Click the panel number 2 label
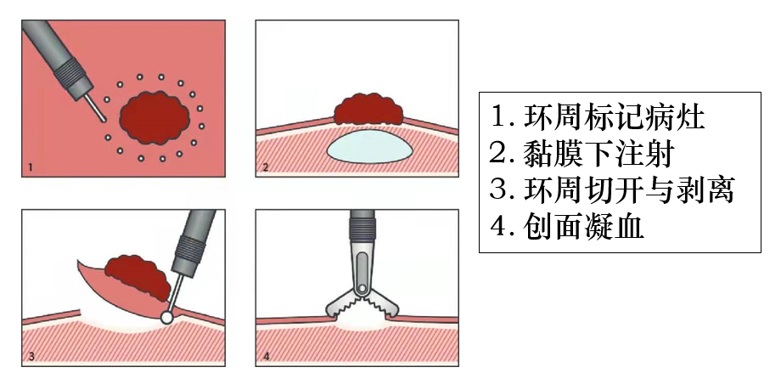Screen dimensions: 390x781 click(x=266, y=168)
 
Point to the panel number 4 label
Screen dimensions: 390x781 click(x=266, y=357)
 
